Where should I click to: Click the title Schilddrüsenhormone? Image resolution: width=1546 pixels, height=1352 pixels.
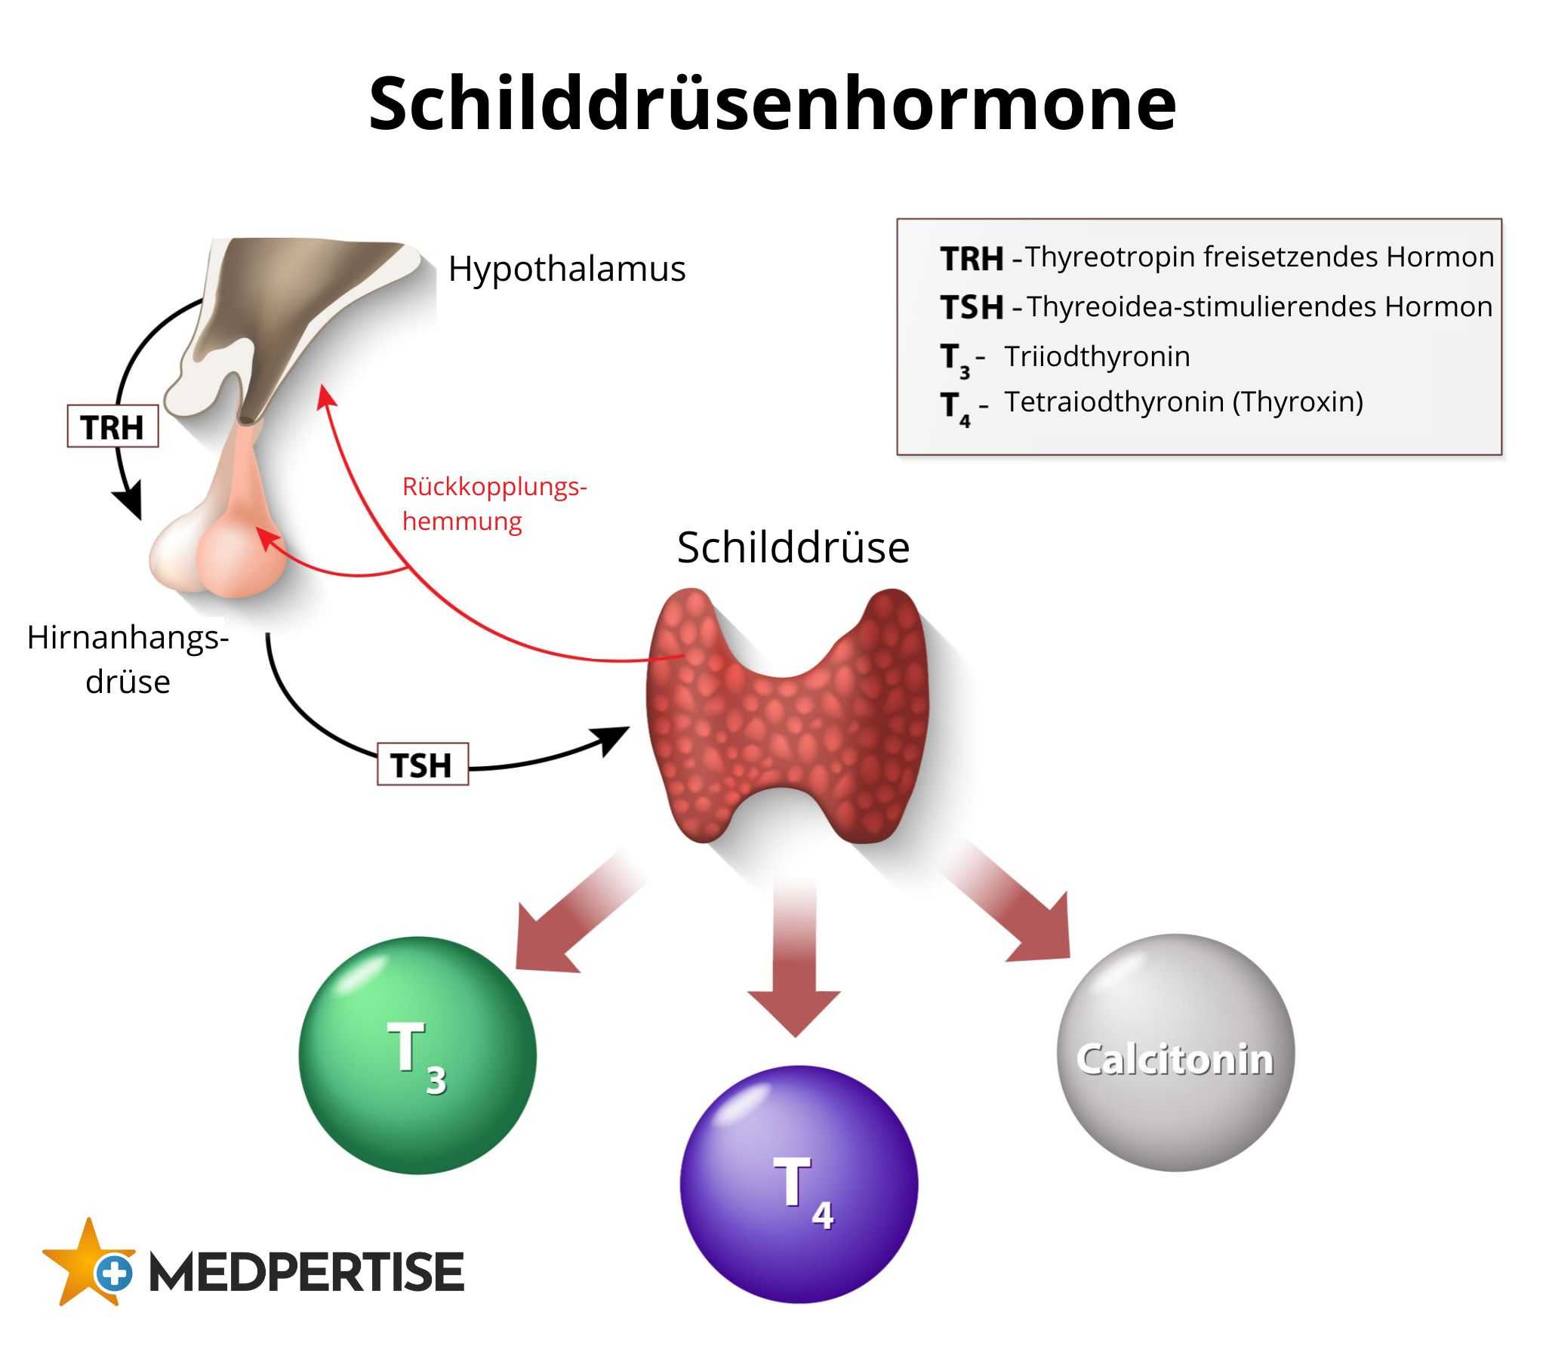771,103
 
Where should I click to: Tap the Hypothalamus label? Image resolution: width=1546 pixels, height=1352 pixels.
566,269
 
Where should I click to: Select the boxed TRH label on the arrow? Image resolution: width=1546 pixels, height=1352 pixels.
112,427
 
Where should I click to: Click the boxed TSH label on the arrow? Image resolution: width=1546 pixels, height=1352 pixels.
422,765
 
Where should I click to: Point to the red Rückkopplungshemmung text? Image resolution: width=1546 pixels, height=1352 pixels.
494,504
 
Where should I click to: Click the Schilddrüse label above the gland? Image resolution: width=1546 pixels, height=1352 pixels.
793,547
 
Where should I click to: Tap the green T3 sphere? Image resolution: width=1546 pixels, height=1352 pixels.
417,1055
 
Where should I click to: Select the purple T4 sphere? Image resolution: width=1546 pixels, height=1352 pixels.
799,1184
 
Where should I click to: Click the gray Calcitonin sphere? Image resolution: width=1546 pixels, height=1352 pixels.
1175,1054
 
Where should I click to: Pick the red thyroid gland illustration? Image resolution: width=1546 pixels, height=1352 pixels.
787,717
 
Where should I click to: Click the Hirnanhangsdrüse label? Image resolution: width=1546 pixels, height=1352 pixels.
128,659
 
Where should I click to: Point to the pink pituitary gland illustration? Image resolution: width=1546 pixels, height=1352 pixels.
226,544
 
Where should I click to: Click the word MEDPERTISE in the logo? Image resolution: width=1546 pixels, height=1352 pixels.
306,1272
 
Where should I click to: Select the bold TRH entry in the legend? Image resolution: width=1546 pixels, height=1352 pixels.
972,259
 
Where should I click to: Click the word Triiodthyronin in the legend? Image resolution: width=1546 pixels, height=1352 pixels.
1097,356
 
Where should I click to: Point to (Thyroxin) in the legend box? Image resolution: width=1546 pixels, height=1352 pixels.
1298,402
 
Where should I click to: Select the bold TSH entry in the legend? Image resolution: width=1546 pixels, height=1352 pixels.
972,307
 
